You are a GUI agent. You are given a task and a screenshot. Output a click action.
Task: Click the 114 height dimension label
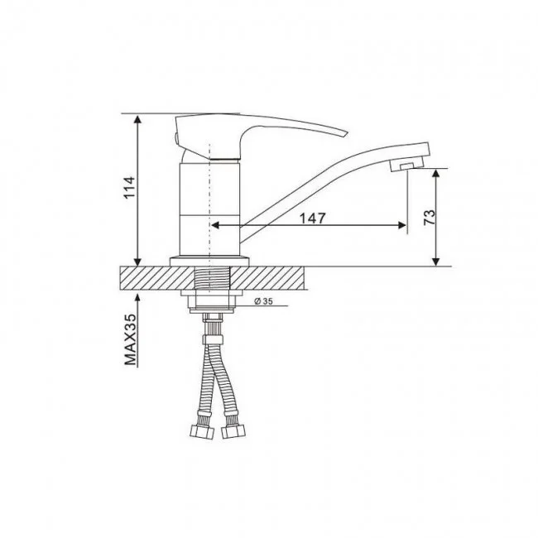click(129, 187)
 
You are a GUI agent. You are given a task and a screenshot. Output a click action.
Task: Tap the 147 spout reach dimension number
click(312, 219)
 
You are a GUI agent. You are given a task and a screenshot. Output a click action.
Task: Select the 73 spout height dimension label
click(430, 217)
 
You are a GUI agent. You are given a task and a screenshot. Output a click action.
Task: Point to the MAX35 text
click(130, 339)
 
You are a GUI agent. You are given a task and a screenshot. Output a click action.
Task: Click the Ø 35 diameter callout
click(263, 301)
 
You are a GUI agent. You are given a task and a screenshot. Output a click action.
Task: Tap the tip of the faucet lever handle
click(347, 133)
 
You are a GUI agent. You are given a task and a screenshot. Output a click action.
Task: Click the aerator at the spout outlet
click(406, 166)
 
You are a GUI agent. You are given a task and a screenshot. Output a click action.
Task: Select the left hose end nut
click(202, 431)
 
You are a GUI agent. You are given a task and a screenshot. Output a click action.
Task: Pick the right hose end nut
click(233, 431)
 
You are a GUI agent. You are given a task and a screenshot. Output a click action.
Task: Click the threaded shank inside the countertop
click(213, 277)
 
